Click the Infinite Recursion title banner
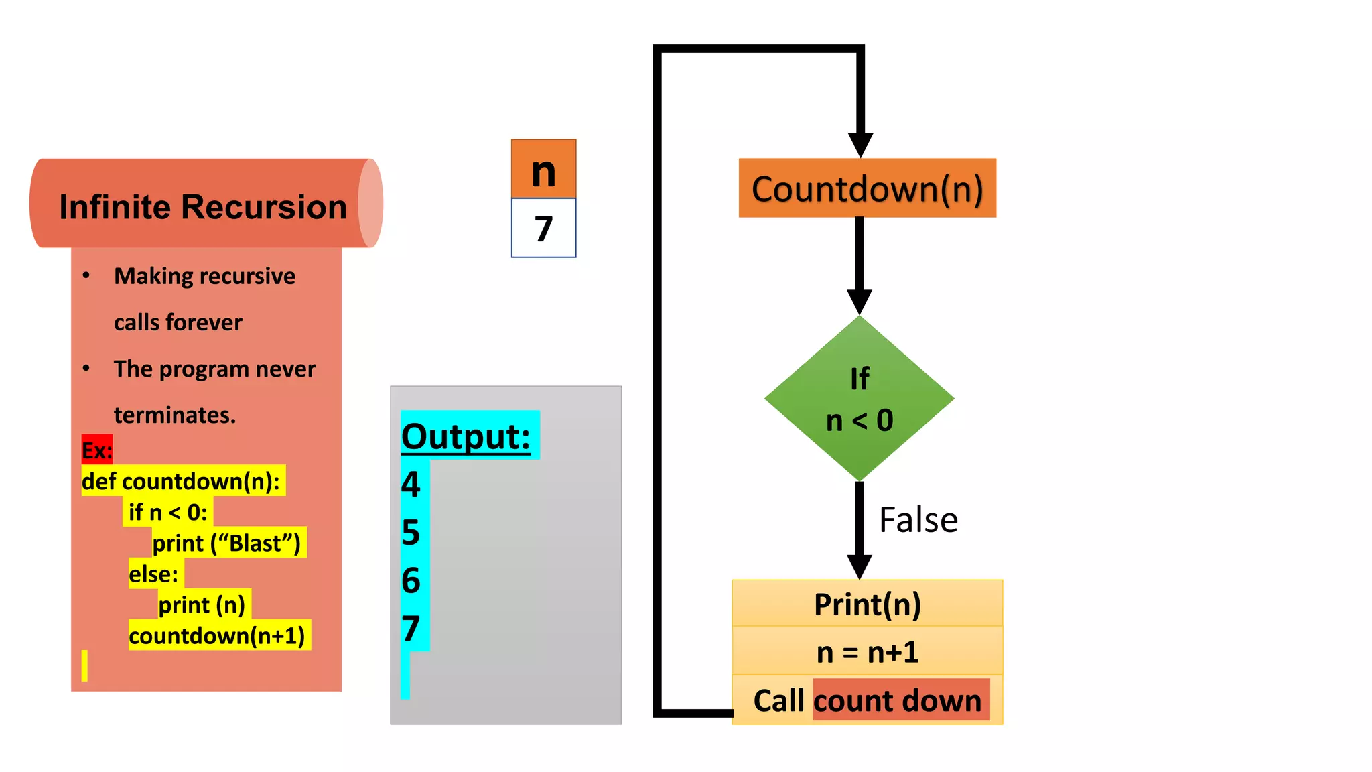point(203,206)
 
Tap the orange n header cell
point(543,169)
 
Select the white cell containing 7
point(543,229)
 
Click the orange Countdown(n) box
point(867,188)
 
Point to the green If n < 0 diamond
point(860,399)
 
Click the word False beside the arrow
point(918,520)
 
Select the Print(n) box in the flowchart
point(867,604)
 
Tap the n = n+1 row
point(867,651)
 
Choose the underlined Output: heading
point(466,436)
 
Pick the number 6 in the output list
point(411,580)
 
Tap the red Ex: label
point(96,450)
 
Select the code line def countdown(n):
point(181,481)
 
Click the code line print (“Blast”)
point(226,543)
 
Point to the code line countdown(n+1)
point(216,635)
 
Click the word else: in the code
point(153,574)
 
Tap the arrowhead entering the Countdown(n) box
point(860,145)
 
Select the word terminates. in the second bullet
point(175,415)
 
